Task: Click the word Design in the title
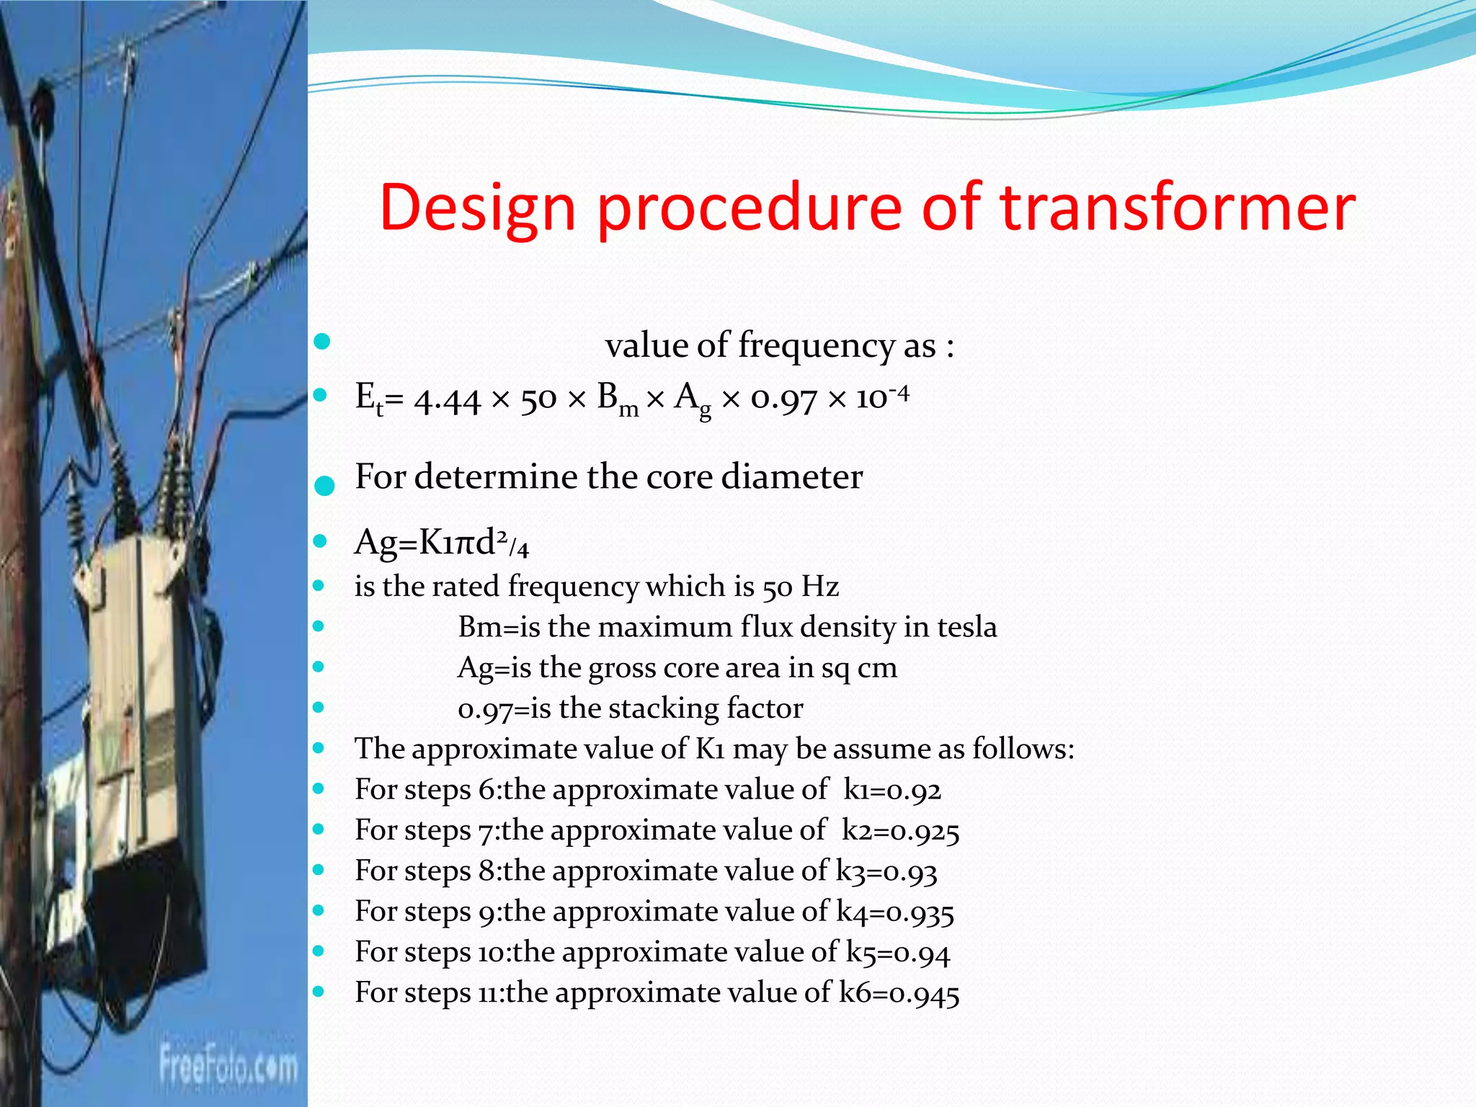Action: [x=477, y=209]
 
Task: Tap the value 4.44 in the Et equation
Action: [x=447, y=399]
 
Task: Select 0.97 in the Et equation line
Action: [x=783, y=399]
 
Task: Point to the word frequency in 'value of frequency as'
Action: [x=816, y=346]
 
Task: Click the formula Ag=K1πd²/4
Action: [x=441, y=543]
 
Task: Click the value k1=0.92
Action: [x=892, y=791]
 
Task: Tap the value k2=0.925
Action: [x=900, y=831]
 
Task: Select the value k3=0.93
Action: [x=886, y=872]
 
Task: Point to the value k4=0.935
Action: [x=895, y=912]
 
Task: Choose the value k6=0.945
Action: [x=899, y=994]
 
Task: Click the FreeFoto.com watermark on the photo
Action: [x=228, y=1065]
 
